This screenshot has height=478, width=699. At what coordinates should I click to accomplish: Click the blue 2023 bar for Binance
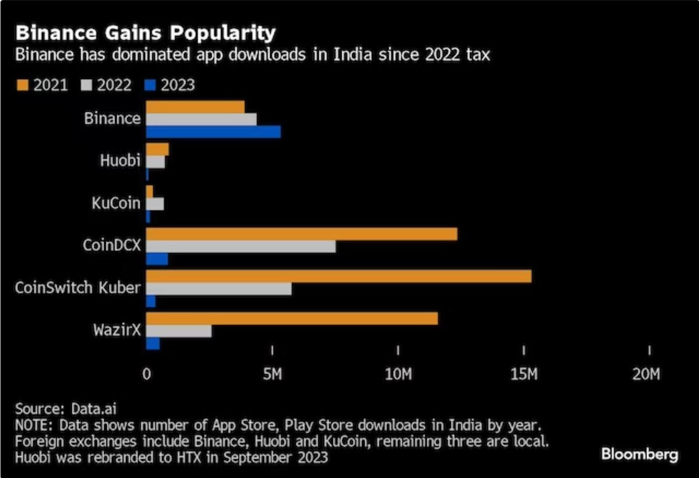[213, 132]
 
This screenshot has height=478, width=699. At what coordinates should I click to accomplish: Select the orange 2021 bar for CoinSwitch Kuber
[338, 276]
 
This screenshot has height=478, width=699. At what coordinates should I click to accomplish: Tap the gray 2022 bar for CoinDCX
[240, 246]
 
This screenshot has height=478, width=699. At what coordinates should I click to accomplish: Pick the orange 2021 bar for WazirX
[291, 318]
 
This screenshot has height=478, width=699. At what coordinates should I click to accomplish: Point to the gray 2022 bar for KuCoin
[154, 204]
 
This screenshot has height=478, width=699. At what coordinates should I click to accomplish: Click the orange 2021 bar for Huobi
[157, 150]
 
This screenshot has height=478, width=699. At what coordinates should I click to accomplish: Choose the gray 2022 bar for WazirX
[178, 331]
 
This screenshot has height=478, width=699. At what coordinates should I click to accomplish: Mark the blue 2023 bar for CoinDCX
[157, 259]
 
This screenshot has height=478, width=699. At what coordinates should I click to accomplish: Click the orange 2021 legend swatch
[21, 86]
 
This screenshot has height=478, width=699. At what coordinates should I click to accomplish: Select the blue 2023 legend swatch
[149, 86]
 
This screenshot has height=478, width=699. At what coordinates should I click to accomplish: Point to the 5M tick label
[272, 374]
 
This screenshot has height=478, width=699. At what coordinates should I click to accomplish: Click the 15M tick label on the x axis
[524, 374]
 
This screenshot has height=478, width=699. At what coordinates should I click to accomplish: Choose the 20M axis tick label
[648, 374]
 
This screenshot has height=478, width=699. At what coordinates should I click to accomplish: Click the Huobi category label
[121, 161]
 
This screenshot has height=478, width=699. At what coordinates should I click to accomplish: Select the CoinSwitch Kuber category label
[78, 287]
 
